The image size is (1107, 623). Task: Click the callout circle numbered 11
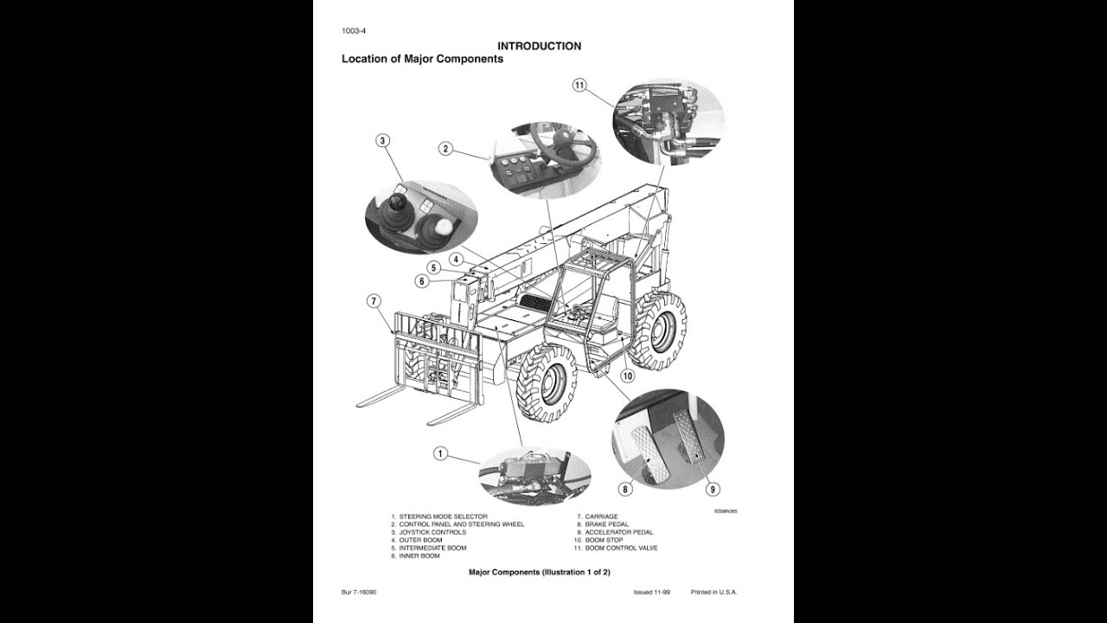579,85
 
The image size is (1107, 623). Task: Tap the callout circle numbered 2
445,149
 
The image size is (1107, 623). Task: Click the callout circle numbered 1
440,453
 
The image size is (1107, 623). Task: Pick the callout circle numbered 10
628,376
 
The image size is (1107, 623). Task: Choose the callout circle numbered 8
626,489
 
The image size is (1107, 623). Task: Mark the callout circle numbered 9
713,489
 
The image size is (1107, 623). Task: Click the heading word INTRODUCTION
539,46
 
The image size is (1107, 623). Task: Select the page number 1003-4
355,33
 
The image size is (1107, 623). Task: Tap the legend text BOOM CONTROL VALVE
621,548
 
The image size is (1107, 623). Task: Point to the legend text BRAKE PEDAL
606,524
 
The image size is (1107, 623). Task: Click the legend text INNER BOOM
420,556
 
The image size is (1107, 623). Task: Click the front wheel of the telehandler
547,382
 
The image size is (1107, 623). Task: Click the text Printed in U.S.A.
713,592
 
